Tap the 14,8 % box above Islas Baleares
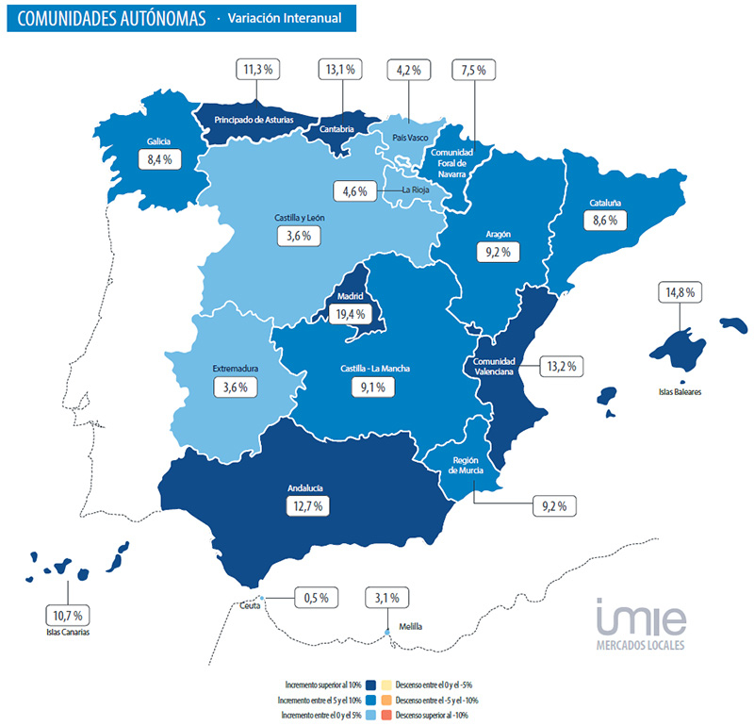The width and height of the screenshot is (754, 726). pos(678,292)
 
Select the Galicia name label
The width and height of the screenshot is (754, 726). pos(158,141)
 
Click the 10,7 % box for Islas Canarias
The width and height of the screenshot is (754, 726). pos(65,616)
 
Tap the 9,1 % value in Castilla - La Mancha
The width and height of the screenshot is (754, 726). pos(375,387)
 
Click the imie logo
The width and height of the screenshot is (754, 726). pos(641,618)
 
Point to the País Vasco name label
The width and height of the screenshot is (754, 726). pos(411,138)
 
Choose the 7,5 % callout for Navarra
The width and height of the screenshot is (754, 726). pos(475,69)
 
